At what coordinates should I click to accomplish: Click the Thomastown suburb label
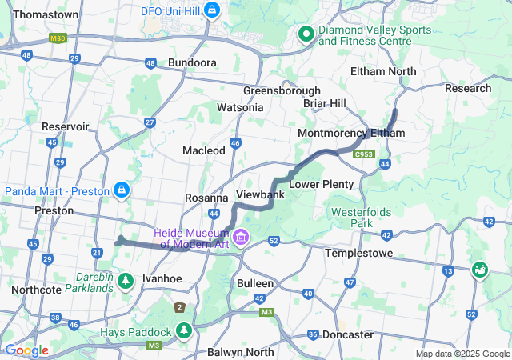46,14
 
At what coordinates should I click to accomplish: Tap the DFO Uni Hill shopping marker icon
212,10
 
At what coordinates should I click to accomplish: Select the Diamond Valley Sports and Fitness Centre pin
306,34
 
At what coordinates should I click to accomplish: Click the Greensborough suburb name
282,90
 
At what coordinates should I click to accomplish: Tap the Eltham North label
383,71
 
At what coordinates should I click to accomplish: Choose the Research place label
468,88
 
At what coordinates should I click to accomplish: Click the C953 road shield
365,153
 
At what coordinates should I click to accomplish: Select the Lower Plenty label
321,184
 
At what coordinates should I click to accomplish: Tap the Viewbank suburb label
261,194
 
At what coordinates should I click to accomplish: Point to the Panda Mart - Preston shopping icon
121,190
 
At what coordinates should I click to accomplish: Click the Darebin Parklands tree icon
125,281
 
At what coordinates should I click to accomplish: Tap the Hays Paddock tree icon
185,330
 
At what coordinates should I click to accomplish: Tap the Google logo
26,350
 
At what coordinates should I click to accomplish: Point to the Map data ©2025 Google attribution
462,354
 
